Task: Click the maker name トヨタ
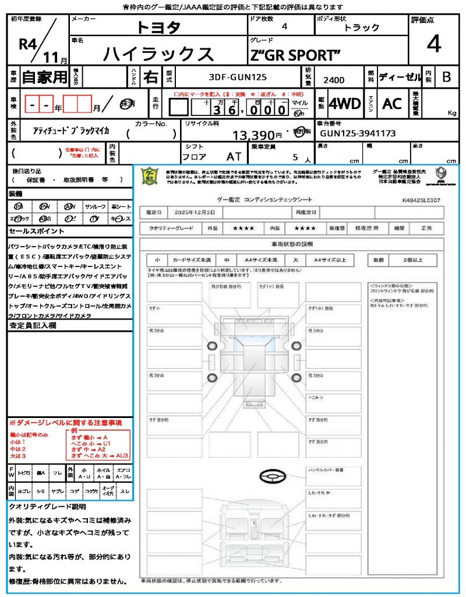158,27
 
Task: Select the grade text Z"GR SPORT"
295,55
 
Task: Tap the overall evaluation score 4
433,44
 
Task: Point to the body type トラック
361,27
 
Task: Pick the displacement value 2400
334,80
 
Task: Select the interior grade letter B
446,77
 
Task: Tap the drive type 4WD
344,104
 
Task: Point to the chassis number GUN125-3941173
358,134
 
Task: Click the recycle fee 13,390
257,135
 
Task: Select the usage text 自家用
44,77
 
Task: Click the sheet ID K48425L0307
421,200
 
